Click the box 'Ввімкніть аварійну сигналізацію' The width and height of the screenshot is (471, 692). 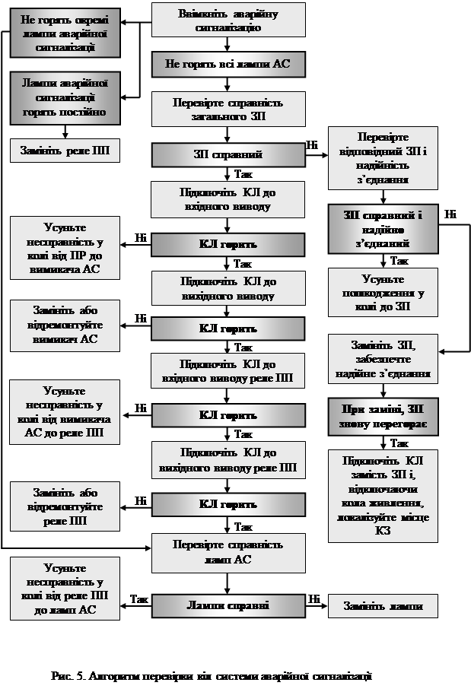(228, 21)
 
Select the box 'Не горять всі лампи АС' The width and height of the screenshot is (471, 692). (228, 65)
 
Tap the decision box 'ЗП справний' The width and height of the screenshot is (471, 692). (228, 154)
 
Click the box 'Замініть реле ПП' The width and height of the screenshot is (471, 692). (65, 150)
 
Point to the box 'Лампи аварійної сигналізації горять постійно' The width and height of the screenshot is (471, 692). (65, 98)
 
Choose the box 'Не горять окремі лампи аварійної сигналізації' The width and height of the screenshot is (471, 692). (65, 33)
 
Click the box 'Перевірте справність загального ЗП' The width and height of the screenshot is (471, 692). (228, 109)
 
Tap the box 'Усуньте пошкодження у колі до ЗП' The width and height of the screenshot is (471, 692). (383, 292)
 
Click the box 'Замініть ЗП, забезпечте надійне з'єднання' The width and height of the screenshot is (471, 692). (383, 358)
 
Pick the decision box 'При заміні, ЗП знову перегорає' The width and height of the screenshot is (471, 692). (383, 416)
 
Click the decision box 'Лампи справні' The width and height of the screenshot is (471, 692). (228, 605)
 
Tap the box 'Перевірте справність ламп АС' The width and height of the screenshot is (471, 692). (228, 552)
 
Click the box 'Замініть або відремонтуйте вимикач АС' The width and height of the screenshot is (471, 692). (65, 325)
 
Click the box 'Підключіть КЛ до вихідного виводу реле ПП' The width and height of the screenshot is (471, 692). (228, 460)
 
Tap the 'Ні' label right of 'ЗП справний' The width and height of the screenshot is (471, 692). (312, 144)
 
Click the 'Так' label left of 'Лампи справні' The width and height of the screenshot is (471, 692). (139, 598)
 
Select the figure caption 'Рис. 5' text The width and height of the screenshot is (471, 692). (212, 675)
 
